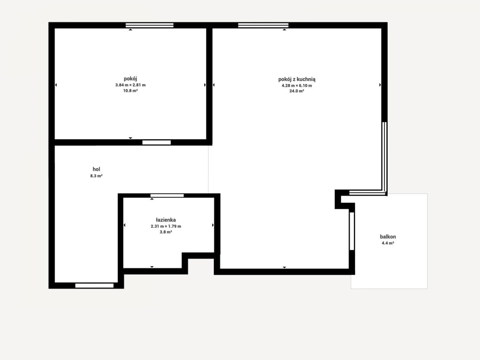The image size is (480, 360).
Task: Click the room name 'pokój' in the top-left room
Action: pos(130,79)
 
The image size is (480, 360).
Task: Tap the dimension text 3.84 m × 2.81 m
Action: pos(130,85)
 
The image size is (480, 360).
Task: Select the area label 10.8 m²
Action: pos(130,90)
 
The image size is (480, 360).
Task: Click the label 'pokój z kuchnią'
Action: pos(297,79)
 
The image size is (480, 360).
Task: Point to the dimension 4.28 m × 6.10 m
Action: pos(297,86)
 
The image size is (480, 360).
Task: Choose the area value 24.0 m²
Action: pos(297,91)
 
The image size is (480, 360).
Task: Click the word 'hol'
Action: pos(96,169)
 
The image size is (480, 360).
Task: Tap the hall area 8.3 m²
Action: pos(96,176)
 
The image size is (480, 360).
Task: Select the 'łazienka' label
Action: pos(166,220)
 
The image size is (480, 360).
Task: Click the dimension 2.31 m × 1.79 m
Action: pos(166,226)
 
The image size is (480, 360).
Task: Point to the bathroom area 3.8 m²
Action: pos(166,232)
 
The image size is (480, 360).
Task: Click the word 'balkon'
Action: pos(388,236)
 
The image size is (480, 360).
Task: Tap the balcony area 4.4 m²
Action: pos(388,243)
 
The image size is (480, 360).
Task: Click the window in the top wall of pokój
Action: pos(150,25)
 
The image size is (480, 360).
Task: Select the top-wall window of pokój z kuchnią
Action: pos(263,25)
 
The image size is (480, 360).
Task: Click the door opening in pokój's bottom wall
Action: pos(156,142)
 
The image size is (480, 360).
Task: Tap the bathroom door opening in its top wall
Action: pos(167,196)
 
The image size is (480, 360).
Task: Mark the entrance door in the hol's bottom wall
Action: pos(94,286)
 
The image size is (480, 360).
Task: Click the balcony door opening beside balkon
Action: pos(352,231)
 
